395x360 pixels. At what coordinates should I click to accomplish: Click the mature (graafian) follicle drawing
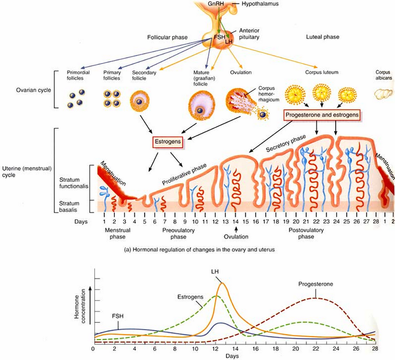(201, 104)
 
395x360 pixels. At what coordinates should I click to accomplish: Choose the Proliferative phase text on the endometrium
(185, 173)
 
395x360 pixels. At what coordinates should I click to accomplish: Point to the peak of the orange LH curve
(221, 283)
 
